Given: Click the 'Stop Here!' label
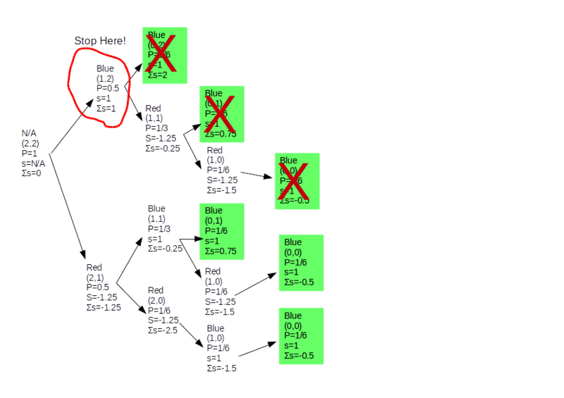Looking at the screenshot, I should [x=100, y=41].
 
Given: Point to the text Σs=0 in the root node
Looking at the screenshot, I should [x=32, y=173].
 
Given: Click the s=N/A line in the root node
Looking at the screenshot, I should [x=33, y=163].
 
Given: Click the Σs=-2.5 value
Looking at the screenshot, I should [x=162, y=330].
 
